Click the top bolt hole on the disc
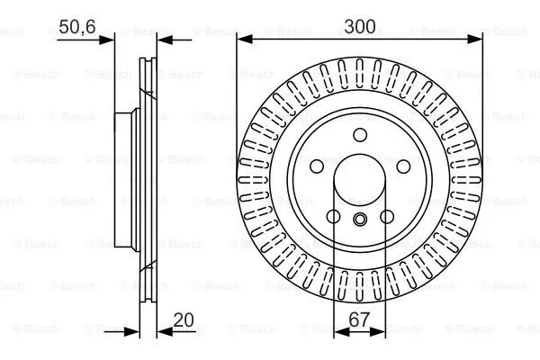point(359,135)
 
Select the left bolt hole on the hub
point(316,167)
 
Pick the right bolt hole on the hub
point(402,167)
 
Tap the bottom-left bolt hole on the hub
point(332,217)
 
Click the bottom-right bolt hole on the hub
point(386,217)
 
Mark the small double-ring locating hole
point(359,221)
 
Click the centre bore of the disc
point(359,180)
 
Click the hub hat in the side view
point(126,180)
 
